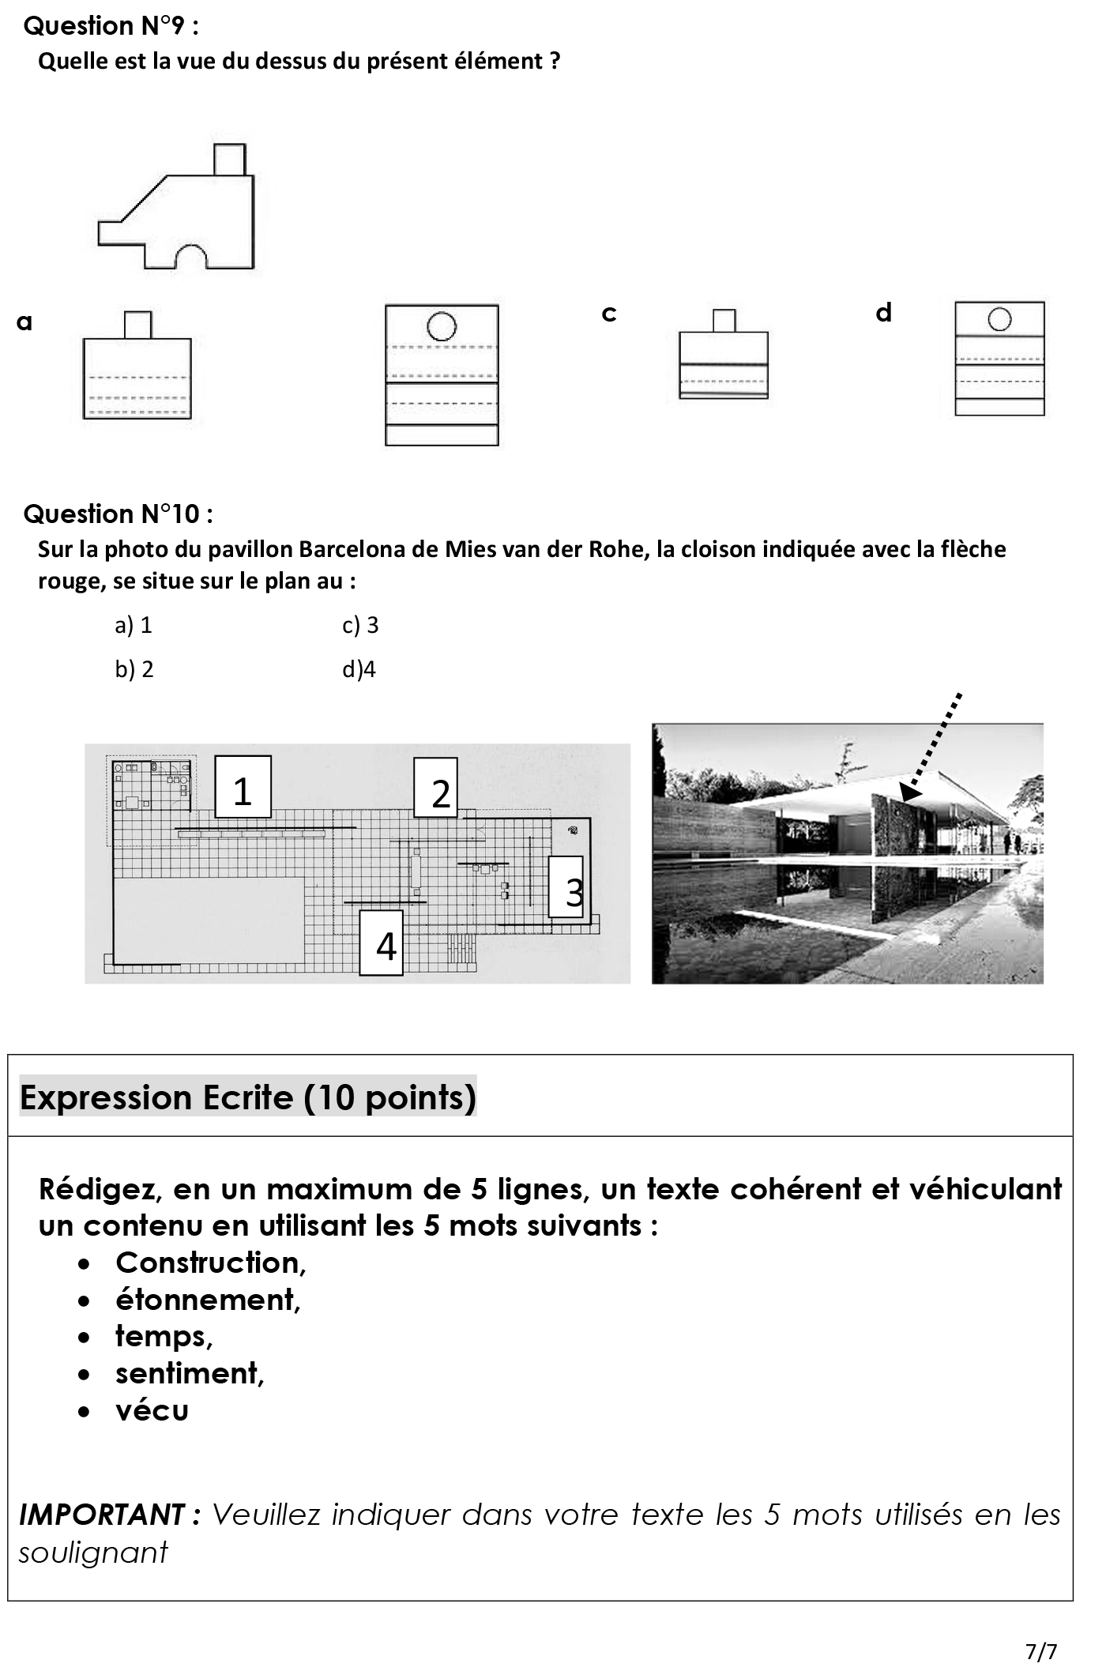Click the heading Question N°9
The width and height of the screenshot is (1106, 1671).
tap(111, 26)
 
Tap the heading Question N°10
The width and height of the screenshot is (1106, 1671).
tap(118, 514)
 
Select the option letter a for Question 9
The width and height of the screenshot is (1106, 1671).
tap(24, 322)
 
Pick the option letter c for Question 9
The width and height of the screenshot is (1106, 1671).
tap(608, 314)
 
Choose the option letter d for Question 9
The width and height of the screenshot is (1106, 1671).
tap(883, 313)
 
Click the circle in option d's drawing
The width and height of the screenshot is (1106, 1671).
tap(999, 319)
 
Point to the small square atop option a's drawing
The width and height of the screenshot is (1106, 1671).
tap(138, 325)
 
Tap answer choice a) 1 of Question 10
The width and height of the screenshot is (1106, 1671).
tap(134, 626)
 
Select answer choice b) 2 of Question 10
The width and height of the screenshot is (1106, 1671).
tap(134, 670)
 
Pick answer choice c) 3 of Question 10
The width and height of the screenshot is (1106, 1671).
tap(360, 626)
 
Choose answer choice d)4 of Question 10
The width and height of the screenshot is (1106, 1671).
tap(359, 670)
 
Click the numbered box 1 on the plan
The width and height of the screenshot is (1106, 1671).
tap(243, 788)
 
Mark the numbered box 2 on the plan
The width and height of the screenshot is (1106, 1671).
tap(436, 788)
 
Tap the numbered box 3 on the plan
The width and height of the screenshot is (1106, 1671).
tap(566, 887)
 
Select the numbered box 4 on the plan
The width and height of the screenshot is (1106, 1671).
tap(382, 943)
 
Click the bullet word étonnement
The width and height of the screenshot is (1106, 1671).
tap(208, 1300)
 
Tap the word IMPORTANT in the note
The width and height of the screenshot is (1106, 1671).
tap(103, 1515)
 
